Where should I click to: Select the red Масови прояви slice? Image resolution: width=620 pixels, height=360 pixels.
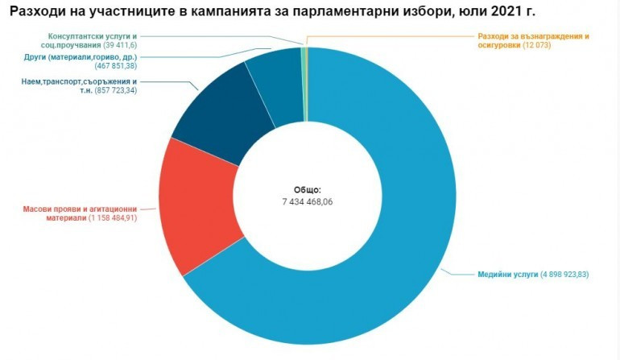click(x=200, y=205)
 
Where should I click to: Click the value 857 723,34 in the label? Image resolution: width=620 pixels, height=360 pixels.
click(x=116, y=91)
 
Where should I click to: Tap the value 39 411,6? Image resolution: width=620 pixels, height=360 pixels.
click(x=119, y=46)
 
